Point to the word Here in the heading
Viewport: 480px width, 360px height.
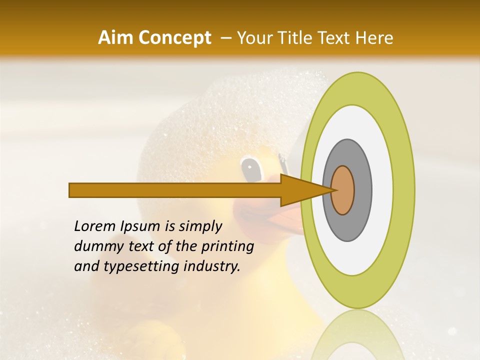click(374, 38)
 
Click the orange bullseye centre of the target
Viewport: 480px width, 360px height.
click(343, 190)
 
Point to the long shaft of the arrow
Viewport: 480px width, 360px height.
click(175, 190)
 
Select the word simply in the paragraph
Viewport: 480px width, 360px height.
click(200, 226)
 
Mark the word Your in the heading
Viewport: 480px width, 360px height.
click(254, 38)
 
